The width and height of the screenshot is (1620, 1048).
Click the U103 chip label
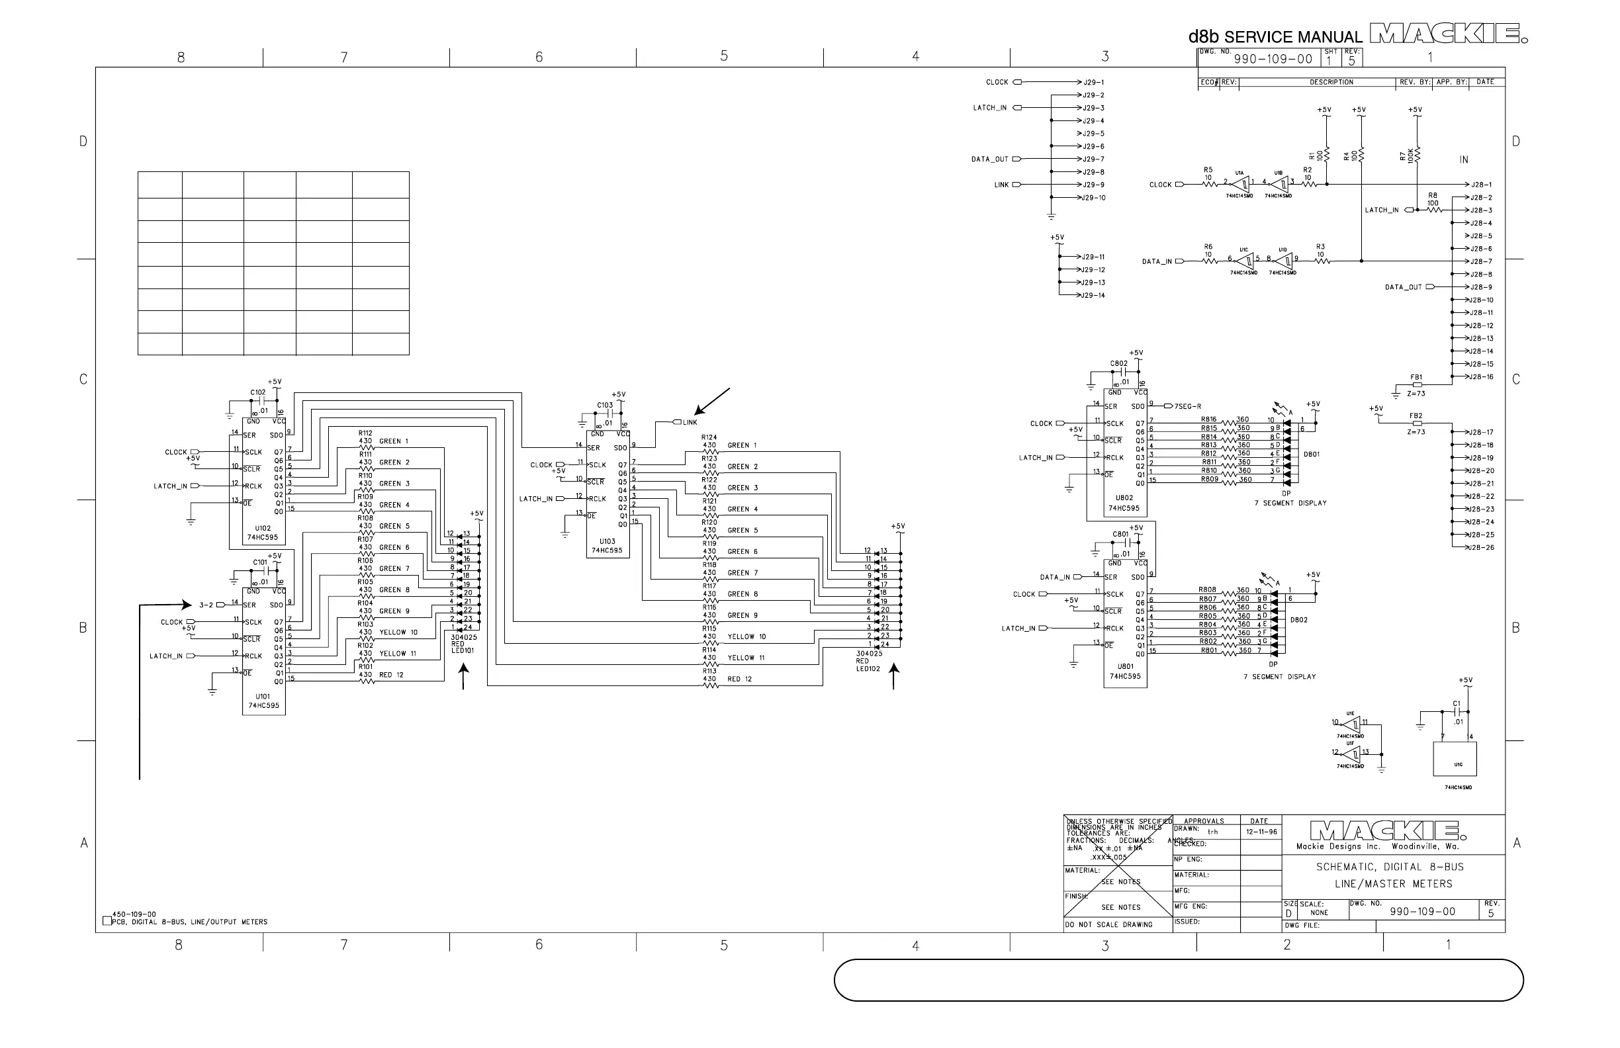(607, 542)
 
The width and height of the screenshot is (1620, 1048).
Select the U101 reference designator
(263, 696)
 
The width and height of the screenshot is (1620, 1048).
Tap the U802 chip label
(1124, 498)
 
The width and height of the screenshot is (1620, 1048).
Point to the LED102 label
(868, 668)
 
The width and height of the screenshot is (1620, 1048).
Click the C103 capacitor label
(605, 405)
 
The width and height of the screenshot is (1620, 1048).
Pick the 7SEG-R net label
(1188, 406)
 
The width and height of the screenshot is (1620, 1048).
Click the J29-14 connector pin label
(1094, 295)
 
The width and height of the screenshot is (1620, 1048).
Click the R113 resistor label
(709, 670)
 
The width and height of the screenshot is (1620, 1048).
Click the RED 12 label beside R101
(391, 675)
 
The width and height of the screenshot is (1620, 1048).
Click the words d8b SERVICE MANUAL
(1275, 37)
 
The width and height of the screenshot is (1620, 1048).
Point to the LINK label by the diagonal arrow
(690, 423)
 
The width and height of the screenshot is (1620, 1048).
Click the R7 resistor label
(1403, 157)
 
